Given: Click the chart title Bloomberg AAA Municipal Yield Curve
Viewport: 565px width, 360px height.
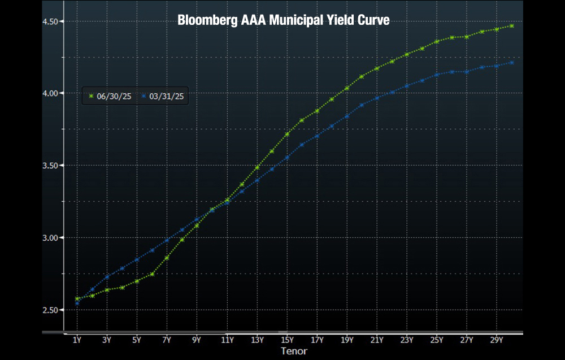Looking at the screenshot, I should tap(283, 20).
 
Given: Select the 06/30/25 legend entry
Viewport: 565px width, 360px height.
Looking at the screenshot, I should tap(110, 97).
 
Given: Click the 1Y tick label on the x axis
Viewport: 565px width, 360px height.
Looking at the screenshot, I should tap(77, 340).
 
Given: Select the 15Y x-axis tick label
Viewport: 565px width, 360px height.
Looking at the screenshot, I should tap(287, 340).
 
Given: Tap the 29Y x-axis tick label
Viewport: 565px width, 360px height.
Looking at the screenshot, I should tap(497, 340).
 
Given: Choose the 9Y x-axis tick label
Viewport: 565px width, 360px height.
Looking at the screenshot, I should tap(197, 340).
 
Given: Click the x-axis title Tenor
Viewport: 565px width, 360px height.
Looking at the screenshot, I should tap(294, 352).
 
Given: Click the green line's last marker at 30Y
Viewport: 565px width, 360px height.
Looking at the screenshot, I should tap(512, 26).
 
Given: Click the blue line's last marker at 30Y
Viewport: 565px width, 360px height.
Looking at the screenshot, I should tap(512, 62).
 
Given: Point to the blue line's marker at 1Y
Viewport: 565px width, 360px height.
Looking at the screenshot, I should tap(77, 303).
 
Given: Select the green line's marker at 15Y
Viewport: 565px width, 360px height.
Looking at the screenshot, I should tap(287, 134).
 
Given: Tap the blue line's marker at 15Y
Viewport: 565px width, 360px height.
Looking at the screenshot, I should tap(287, 157).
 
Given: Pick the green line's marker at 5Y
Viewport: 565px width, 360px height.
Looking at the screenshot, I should tap(137, 281).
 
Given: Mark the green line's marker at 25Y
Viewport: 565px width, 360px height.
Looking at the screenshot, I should tap(437, 41).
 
